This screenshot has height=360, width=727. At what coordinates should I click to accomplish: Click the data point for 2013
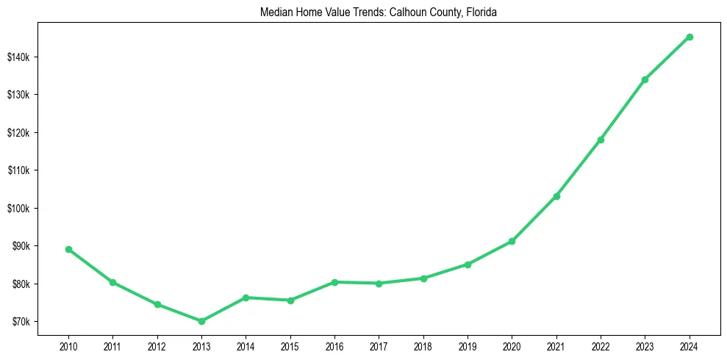201,321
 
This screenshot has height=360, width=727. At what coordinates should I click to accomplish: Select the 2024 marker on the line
690,37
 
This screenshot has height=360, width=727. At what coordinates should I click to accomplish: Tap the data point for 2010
68,249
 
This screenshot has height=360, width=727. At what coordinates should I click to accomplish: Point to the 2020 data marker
512,241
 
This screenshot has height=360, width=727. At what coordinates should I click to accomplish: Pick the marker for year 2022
601,140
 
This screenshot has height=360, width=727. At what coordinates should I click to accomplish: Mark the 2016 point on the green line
334,282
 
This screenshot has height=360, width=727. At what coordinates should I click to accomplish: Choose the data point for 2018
423,278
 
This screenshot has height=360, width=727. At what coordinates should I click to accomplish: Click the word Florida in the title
482,12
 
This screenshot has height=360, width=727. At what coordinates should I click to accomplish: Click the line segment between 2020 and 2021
534,219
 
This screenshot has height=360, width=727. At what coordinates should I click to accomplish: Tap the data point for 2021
556,196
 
